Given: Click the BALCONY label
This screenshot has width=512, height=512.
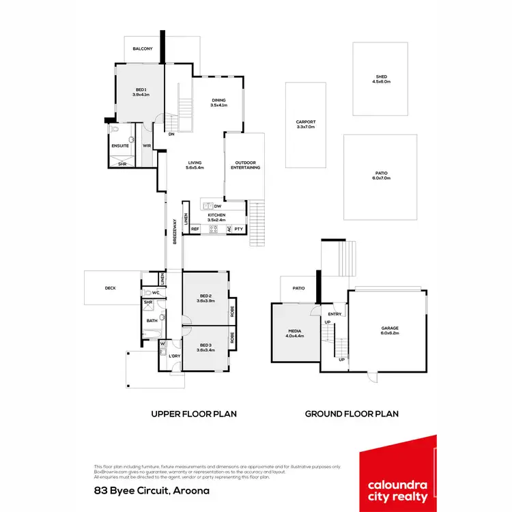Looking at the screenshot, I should coord(142,49).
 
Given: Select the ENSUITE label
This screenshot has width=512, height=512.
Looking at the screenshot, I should coord(119,145).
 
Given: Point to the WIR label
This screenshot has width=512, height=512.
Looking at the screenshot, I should coord(146,145).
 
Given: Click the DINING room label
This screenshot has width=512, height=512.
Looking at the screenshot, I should coord(218,102).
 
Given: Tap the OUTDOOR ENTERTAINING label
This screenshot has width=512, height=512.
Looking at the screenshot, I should coord(245,165).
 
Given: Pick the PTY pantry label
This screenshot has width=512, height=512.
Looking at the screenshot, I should coord(238,229).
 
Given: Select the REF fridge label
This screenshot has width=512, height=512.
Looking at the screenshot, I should coord(195,229).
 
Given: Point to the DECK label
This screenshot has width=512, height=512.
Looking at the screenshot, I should coord(110,288).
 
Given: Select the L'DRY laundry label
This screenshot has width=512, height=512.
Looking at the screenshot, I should coord(174,356).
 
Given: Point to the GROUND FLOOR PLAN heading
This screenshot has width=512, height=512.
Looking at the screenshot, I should coord(352,414).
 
